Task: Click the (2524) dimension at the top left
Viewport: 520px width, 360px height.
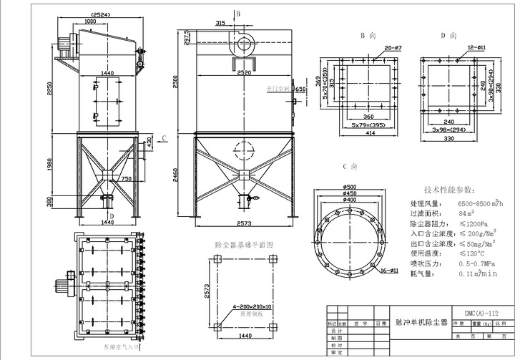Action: (x=99, y=14)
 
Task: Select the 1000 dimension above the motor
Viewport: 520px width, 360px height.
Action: (x=90, y=21)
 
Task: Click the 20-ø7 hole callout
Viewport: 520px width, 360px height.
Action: (x=393, y=48)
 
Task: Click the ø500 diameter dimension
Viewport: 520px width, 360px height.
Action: (x=350, y=188)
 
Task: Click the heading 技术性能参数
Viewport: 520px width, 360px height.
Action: (x=448, y=190)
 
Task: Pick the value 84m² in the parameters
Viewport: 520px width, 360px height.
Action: (x=468, y=213)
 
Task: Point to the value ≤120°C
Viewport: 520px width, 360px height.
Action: (x=471, y=253)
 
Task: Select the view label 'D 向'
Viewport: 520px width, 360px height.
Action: (x=448, y=35)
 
